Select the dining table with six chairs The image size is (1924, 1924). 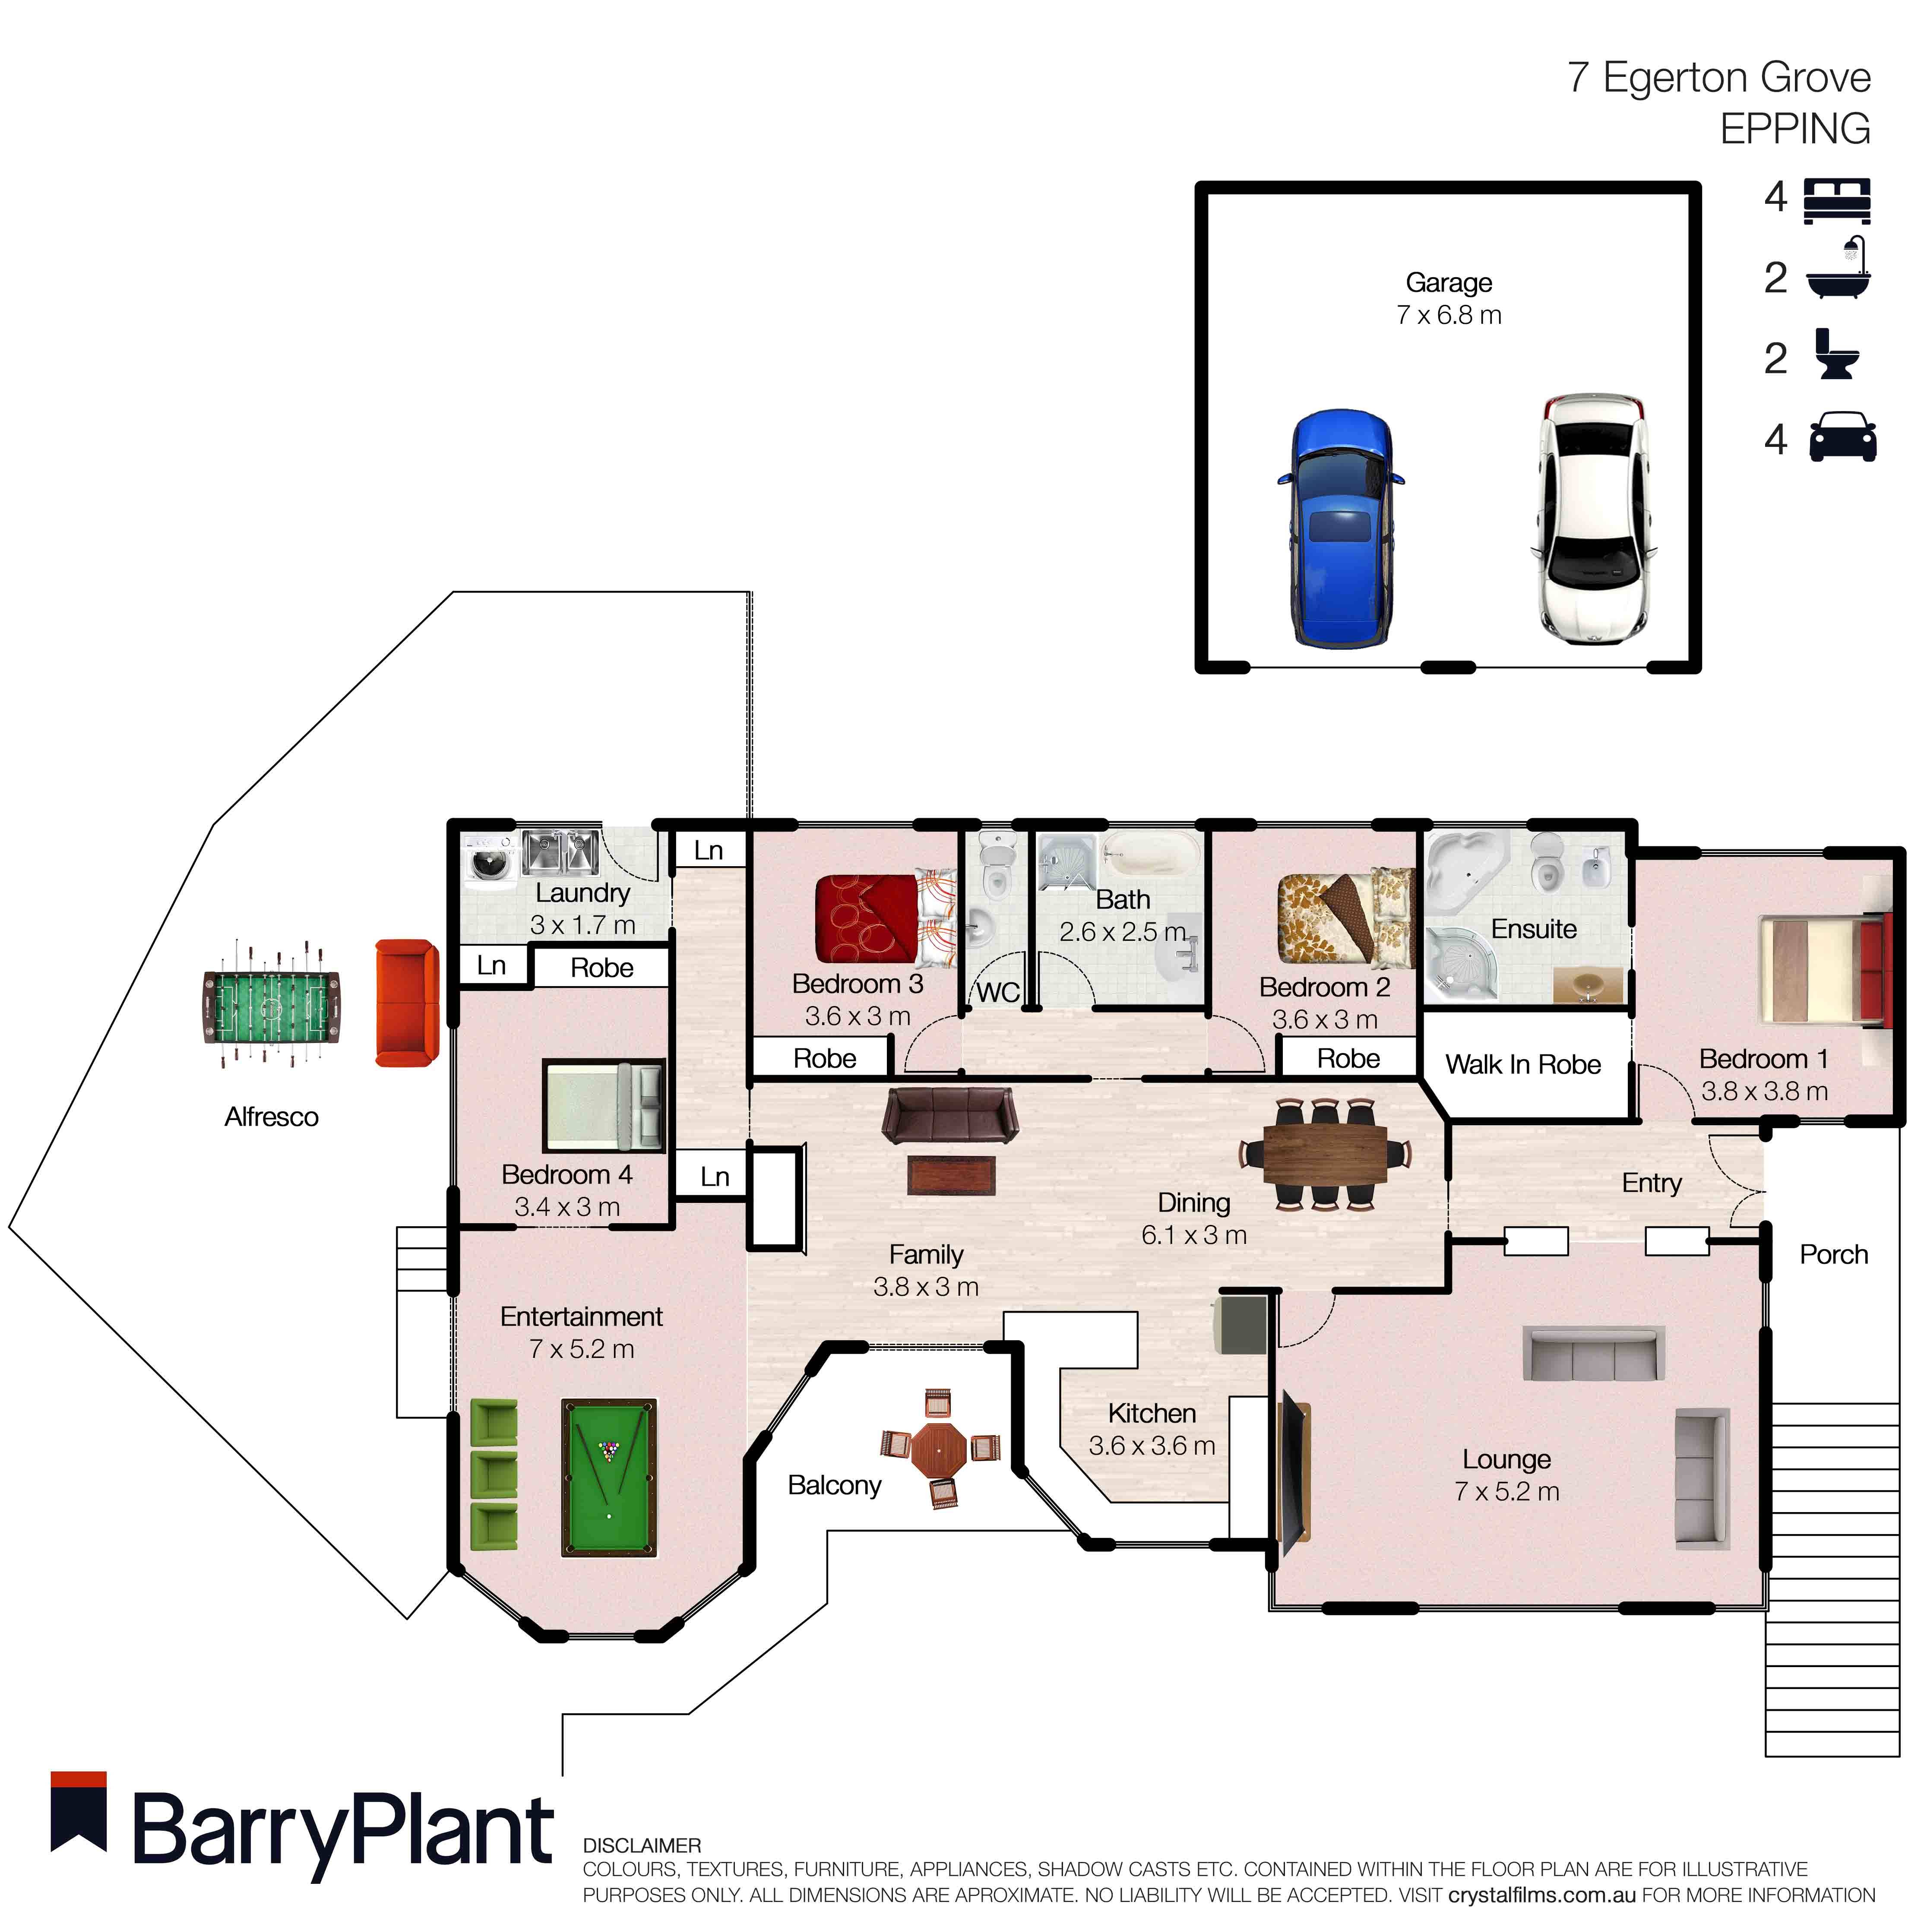1325,1154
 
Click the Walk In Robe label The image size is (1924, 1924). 1523,1065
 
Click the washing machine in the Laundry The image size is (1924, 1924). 489,858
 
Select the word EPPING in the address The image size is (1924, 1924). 1794,130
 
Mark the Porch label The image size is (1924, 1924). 1833,1255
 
